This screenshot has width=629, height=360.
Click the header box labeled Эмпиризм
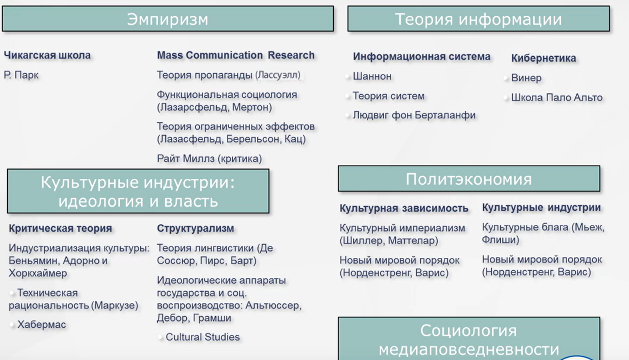coord(168,19)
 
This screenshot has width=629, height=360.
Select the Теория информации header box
coord(479,19)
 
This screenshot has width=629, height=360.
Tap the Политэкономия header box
coord(469,179)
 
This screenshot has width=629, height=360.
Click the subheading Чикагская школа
coord(47,55)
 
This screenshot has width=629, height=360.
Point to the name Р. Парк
coord(21,75)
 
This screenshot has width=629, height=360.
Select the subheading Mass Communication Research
coord(236,55)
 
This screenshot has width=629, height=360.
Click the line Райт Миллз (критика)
coord(209,159)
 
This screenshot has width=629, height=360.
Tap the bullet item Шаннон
coord(372,76)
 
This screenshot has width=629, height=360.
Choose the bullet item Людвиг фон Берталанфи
coord(414,115)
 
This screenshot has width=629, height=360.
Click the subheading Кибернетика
coord(544,58)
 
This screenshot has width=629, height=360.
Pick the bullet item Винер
coord(526,78)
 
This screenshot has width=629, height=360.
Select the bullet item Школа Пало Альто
coord(557,98)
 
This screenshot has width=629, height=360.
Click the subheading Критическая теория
coord(60,228)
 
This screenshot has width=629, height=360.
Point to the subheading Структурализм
coord(195,228)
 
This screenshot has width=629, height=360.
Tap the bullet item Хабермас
coord(42,325)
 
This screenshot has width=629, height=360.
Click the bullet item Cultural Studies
coord(202,337)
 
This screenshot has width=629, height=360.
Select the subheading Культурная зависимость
coord(404,208)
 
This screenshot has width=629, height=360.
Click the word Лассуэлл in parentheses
coord(278,75)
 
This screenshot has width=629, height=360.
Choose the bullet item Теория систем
coord(389,96)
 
